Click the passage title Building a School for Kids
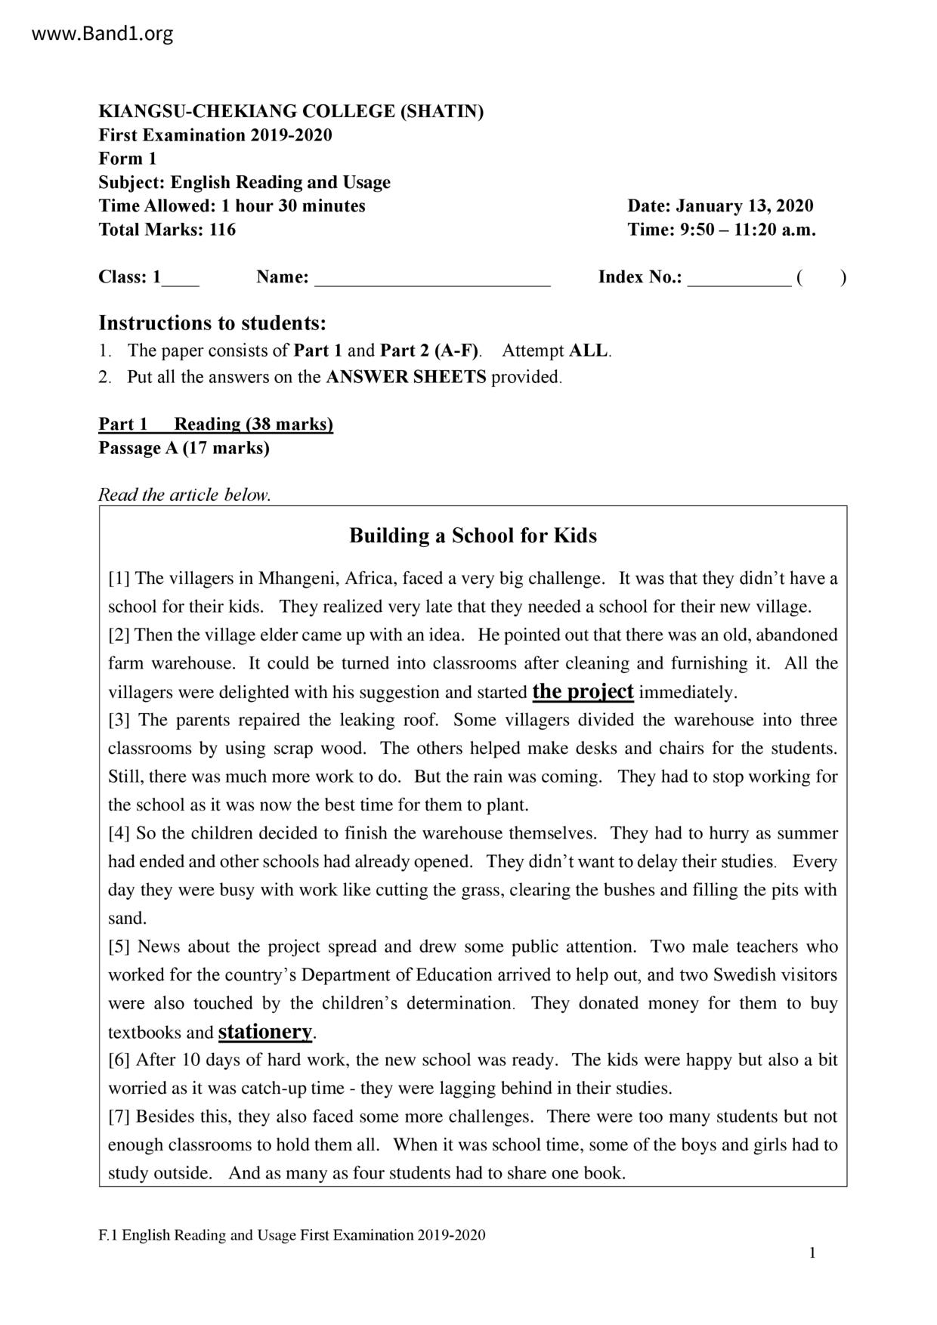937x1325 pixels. tap(472, 536)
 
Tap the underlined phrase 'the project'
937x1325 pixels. tap(583, 691)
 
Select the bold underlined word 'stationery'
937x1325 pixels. tap(264, 1031)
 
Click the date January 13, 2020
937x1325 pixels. tap(744, 206)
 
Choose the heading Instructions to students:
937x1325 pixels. tap(212, 323)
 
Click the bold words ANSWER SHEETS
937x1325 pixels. tap(406, 377)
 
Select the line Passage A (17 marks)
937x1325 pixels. tap(184, 448)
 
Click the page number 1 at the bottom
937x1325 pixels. tap(812, 1254)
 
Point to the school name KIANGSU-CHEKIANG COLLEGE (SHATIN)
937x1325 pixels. tap(291, 112)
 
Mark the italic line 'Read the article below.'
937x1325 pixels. tap(184, 495)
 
